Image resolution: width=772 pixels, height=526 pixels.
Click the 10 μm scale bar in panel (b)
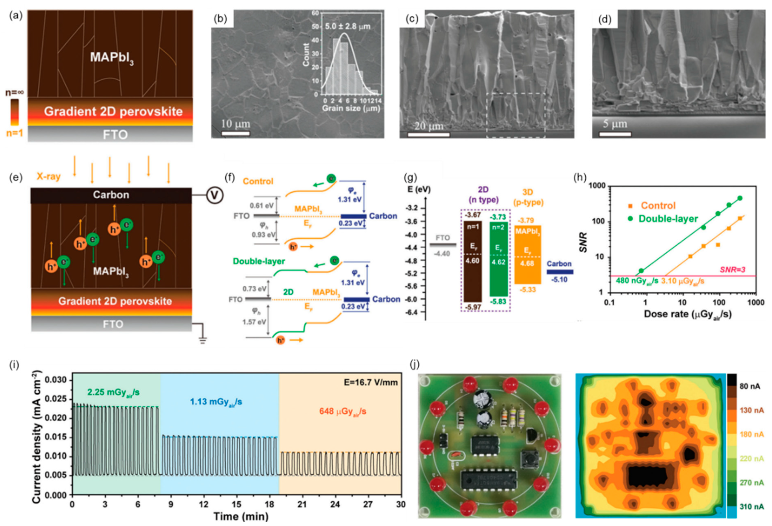coord(236,134)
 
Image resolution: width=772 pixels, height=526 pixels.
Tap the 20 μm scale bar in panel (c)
coord(428,134)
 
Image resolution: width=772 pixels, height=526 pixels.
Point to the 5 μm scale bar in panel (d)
coord(615,134)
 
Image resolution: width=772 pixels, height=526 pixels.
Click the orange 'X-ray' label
coord(48,177)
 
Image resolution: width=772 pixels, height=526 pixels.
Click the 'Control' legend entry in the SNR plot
coord(658,206)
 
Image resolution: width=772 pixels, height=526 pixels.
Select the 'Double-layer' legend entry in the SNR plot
coord(668,219)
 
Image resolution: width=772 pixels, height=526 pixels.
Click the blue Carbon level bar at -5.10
coord(560,272)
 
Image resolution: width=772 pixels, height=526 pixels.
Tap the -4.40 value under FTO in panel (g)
coord(442,254)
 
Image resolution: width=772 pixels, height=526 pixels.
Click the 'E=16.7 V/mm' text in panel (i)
coord(371,382)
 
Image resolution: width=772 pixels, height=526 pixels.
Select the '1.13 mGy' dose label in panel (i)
coord(216,402)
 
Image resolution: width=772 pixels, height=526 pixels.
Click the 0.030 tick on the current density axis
coord(58,380)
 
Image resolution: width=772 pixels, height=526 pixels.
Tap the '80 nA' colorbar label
coord(750,386)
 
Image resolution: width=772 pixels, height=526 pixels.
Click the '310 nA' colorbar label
coord(751,506)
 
